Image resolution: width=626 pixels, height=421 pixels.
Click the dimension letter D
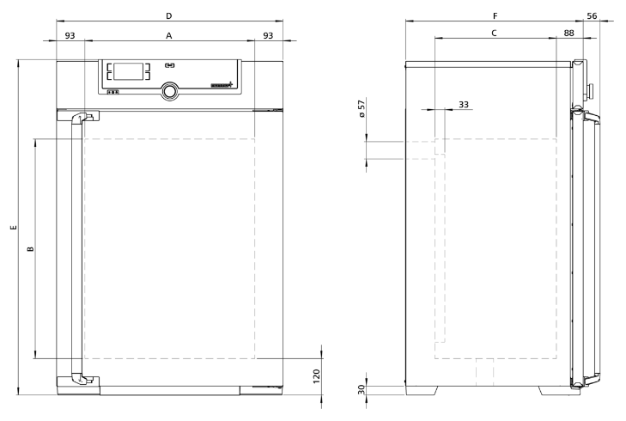(x=168, y=15)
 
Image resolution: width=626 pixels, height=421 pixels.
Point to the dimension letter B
(x=30, y=249)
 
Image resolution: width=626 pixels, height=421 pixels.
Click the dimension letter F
(x=495, y=15)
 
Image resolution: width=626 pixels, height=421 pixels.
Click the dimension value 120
(x=315, y=375)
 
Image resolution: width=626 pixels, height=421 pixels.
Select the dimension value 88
(x=568, y=34)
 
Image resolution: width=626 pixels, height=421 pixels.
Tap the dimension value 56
(x=592, y=15)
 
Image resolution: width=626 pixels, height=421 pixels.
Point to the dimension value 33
(x=464, y=104)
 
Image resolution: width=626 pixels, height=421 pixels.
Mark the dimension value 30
(x=362, y=388)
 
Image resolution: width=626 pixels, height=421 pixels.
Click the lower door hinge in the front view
(x=78, y=380)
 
